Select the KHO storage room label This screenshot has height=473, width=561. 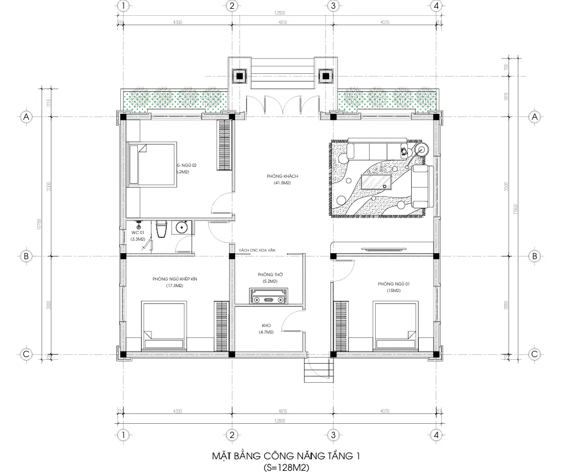click(267, 325)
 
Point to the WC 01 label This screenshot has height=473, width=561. click(137, 232)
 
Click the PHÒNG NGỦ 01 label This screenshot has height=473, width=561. click(389, 284)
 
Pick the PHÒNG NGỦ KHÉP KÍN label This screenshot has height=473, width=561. click(174, 279)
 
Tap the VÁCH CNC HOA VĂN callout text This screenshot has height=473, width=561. click(255, 250)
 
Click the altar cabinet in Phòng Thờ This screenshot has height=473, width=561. click(267, 300)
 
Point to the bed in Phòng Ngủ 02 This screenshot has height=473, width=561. click(152, 165)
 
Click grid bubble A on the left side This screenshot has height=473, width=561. click(25, 117)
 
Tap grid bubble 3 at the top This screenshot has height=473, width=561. click(332, 6)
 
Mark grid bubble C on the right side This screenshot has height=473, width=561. click(535, 354)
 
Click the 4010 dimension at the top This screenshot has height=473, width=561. click(282, 22)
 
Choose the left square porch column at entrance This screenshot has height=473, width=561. click(238, 75)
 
